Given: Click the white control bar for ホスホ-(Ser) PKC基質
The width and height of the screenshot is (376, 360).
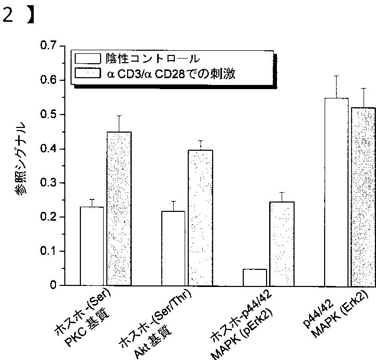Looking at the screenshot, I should coord(92,246).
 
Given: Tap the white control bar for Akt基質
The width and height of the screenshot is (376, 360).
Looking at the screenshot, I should coord(173,248).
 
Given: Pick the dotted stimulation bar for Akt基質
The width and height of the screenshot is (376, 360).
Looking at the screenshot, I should coord(200,218).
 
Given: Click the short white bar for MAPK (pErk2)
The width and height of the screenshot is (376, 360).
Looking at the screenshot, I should coord(255,277).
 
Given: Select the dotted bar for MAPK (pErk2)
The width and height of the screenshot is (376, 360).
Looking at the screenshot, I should coord(282,243).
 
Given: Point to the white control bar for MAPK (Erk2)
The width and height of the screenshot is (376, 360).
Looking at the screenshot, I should coord(336,192).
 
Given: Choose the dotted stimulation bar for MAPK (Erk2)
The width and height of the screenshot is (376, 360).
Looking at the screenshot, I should coord(363,197).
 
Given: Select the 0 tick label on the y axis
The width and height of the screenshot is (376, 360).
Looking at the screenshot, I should coord(52,285).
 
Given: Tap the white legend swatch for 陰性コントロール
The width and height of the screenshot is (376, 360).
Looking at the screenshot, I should coord(87,58).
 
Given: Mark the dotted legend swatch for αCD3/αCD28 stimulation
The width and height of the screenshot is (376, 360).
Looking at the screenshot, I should coord(87,74).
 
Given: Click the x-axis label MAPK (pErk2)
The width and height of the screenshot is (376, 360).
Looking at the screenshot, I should coord(244,332).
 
